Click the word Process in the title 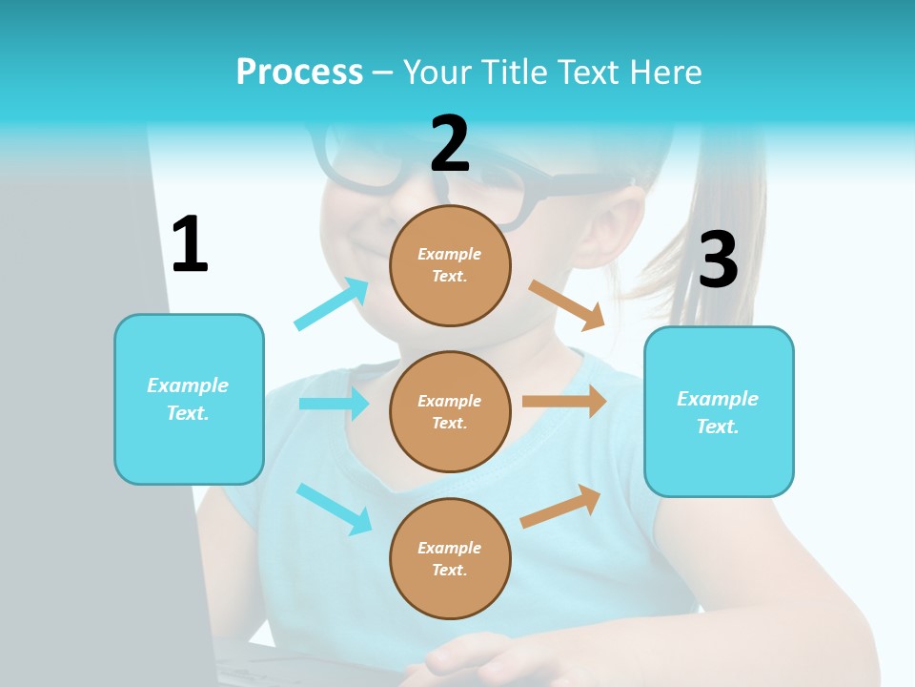[299, 73]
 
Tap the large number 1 [190, 244]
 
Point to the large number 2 [450, 144]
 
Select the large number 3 [718, 260]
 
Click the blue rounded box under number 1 [189, 399]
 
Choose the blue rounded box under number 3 [719, 411]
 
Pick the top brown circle [450, 265]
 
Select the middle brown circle [450, 411]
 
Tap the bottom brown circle [450, 558]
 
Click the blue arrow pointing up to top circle [332, 303]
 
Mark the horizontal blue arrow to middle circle [334, 404]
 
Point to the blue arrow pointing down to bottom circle [334, 508]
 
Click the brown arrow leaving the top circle [567, 304]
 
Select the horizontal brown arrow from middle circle [564, 402]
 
